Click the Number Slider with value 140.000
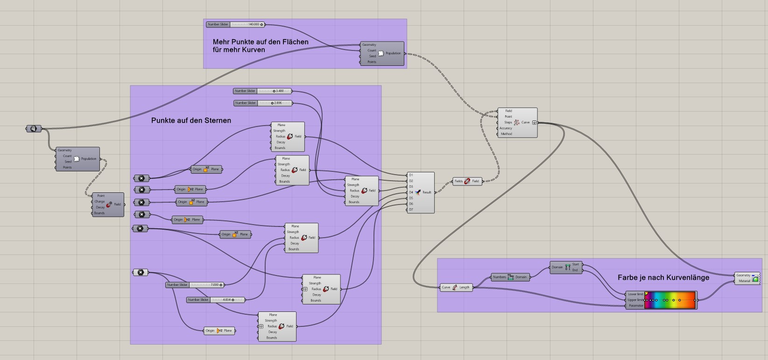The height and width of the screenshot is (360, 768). [x=235, y=24]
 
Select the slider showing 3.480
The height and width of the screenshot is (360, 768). [x=262, y=91]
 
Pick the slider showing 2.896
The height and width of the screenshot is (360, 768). [x=263, y=103]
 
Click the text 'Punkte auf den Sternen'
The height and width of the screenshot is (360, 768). [x=191, y=120]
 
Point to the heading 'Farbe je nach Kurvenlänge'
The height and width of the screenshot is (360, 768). [x=663, y=277]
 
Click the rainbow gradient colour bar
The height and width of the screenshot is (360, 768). [x=670, y=300]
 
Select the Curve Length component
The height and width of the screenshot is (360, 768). [x=456, y=287]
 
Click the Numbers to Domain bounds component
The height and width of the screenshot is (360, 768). [x=510, y=277]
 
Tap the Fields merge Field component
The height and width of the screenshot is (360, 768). [x=467, y=181]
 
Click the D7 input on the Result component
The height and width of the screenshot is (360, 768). [x=411, y=210]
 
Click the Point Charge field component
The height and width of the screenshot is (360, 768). [x=108, y=205]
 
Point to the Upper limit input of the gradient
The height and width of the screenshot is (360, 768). [x=635, y=300]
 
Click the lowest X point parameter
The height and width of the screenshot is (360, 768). [x=140, y=272]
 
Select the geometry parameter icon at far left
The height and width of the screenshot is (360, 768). [x=34, y=128]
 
